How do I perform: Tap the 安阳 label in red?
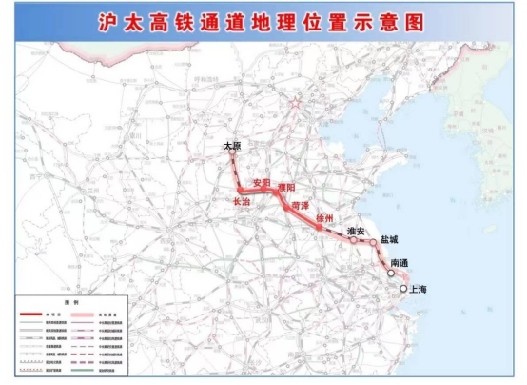(x=260, y=182)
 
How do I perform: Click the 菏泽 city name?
(x=301, y=205)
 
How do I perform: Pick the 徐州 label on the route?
(x=326, y=217)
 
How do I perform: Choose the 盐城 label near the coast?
(x=390, y=241)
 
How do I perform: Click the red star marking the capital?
(x=296, y=102)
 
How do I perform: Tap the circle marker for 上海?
(x=404, y=288)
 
